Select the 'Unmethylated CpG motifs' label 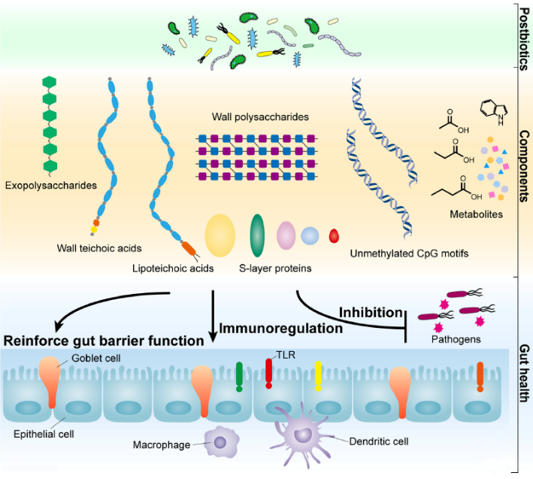point(409,253)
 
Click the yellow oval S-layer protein point(220,233)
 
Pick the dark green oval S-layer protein point(257,235)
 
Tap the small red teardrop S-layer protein point(335,237)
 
